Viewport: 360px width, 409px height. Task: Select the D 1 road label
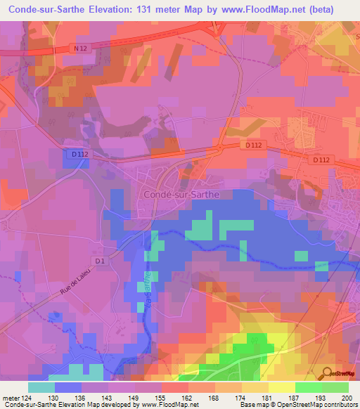pyautogui.click(x=100, y=261)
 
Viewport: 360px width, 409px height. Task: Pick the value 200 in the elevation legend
pyautogui.click(x=347, y=398)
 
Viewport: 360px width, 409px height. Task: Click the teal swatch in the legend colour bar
pyautogui.click(x=41, y=387)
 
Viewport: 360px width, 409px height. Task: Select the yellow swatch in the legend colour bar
pyautogui.click(x=282, y=387)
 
